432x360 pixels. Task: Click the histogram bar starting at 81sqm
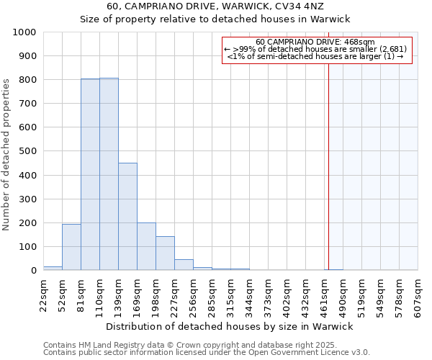(x=90, y=174)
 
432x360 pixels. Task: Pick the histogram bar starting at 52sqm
(x=71, y=247)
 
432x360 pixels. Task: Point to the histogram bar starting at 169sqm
(x=146, y=246)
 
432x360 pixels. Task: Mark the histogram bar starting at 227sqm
(x=184, y=264)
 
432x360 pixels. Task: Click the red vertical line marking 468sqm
(x=328, y=166)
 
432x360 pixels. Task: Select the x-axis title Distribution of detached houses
(x=230, y=326)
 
